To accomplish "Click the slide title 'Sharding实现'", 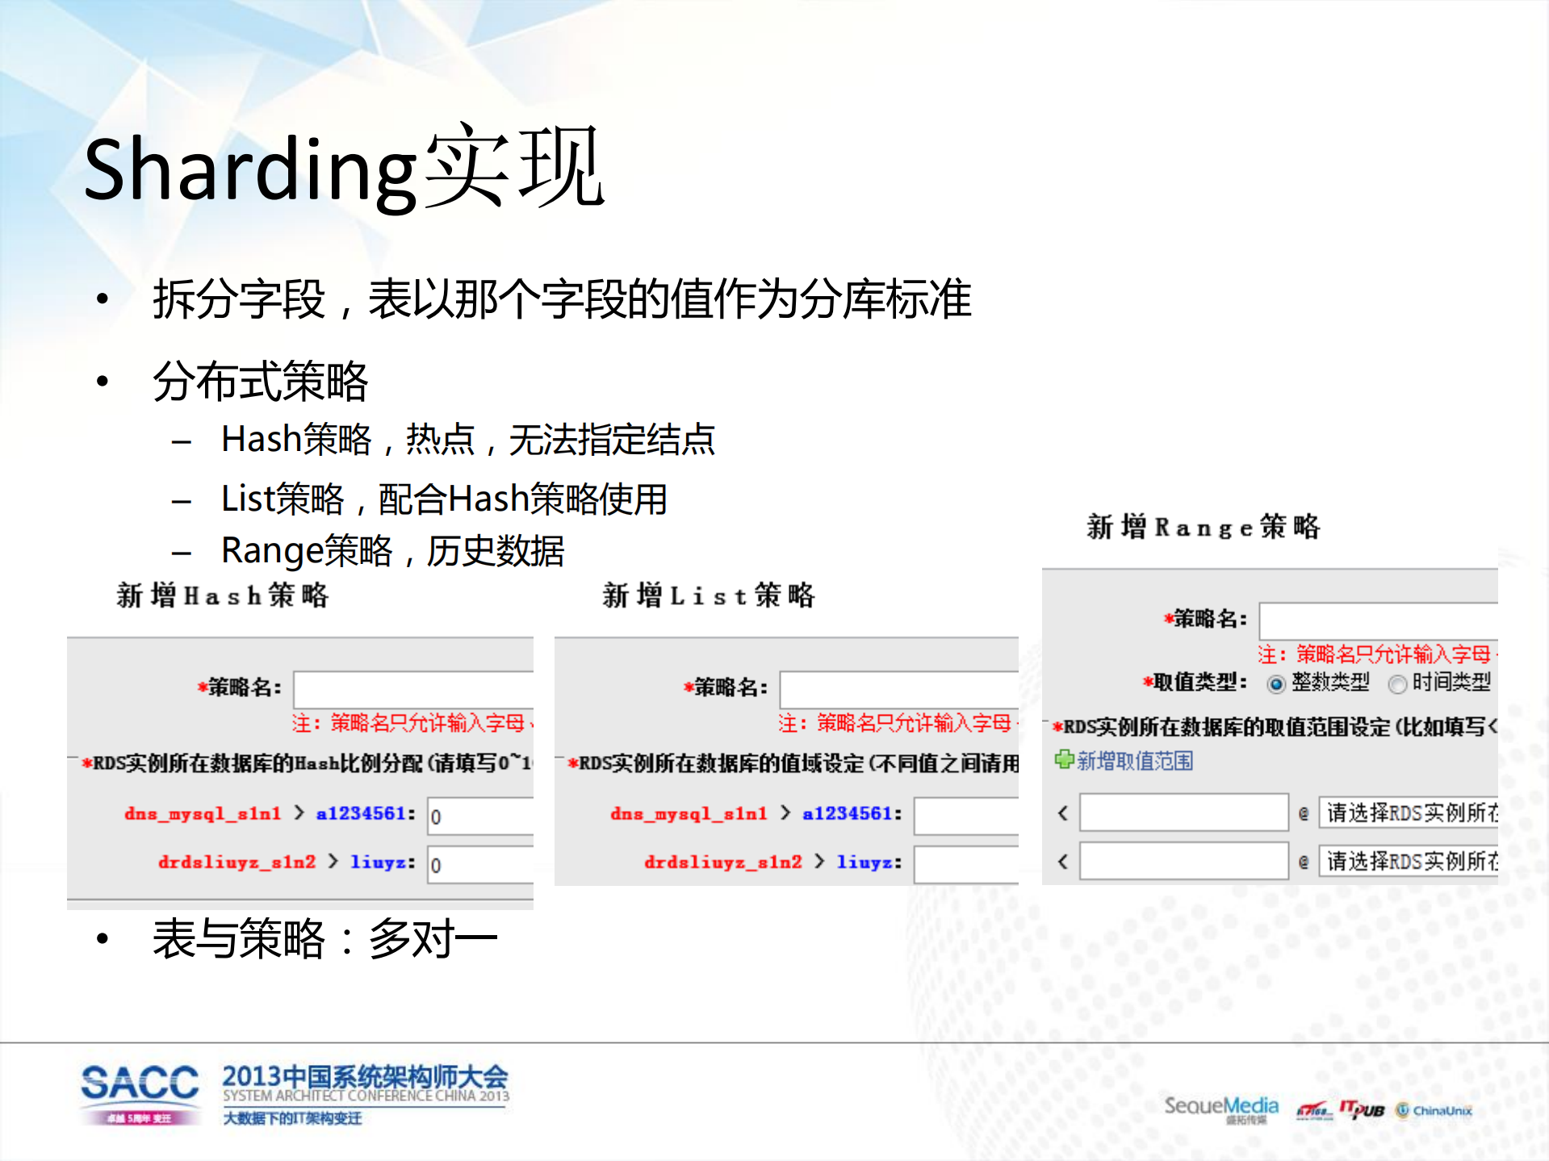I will click(x=344, y=168).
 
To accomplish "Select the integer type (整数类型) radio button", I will click(x=1275, y=684).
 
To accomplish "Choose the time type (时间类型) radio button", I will click(x=1396, y=684).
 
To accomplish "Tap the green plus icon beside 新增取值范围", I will click(x=1064, y=759).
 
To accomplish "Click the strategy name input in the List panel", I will click(x=898, y=688).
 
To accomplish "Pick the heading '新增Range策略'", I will click(x=1203, y=527).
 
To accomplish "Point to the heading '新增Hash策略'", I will click(x=223, y=595).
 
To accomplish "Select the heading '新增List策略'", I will click(x=709, y=595).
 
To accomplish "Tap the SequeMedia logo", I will click(x=1220, y=1108).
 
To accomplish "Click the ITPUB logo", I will click(x=1362, y=1110).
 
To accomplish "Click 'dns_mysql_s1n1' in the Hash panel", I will click(x=203, y=813).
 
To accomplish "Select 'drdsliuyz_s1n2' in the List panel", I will click(x=722, y=862).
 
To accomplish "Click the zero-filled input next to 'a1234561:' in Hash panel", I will click(x=480, y=816).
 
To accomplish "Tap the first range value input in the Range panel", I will click(x=1183, y=812).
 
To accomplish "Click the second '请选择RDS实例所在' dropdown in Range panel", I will click(x=1409, y=862).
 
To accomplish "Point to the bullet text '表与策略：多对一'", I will click(x=324, y=939).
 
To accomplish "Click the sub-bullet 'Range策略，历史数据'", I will click(x=392, y=551).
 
